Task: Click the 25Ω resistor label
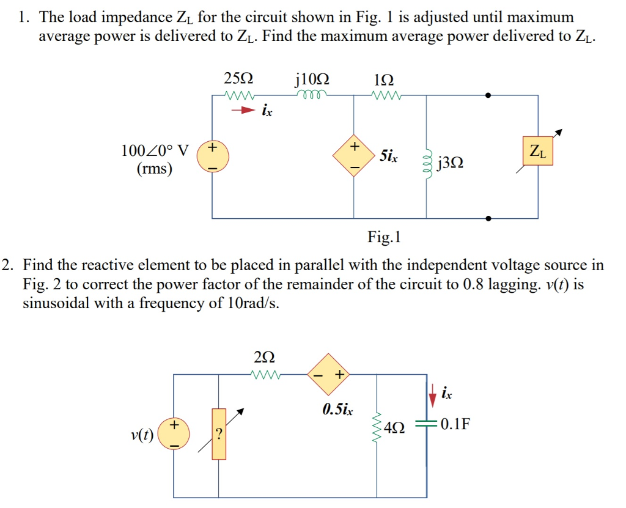[238, 79]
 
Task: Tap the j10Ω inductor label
[312, 79]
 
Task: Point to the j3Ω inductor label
[451, 163]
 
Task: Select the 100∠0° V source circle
[213, 156]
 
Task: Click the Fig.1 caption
[383, 237]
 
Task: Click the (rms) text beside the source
[153, 168]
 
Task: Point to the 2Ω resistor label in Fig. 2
[264, 356]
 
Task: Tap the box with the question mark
[219, 433]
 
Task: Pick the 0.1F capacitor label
[454, 424]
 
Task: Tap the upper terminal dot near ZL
[488, 95]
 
